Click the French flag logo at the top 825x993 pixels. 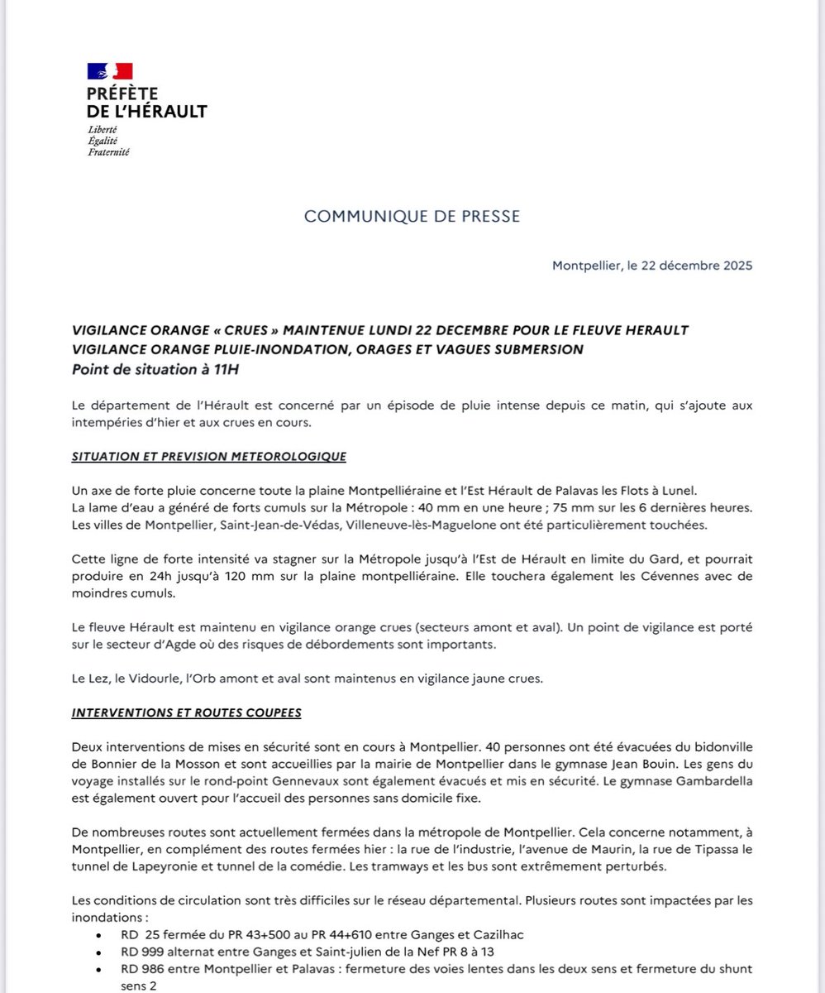110,71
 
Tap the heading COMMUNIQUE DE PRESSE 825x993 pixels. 412,216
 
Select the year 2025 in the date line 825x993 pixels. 735,266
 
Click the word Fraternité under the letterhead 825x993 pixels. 109,152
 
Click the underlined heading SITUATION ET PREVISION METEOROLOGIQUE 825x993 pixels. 209,456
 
